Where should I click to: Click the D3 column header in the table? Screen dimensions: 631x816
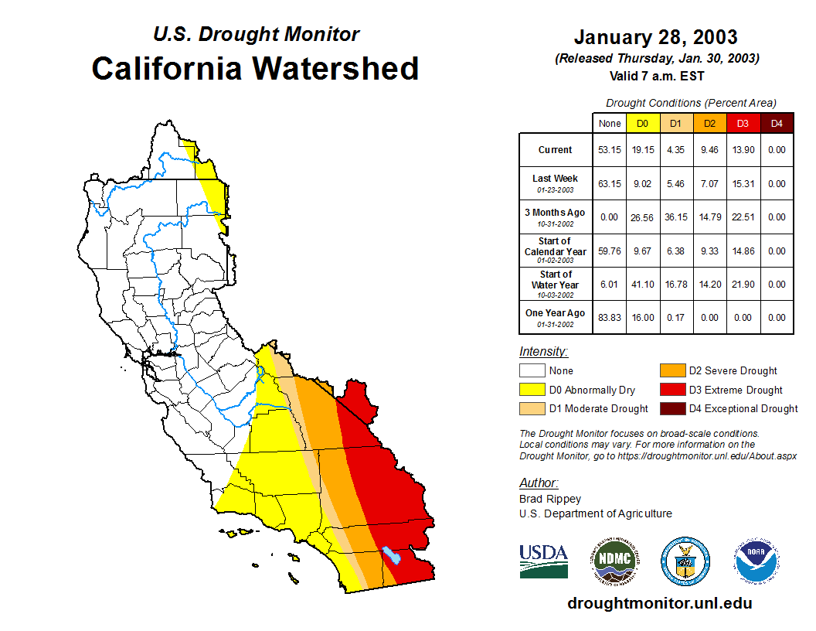pyautogui.click(x=743, y=123)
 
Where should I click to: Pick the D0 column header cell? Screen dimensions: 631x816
pyautogui.click(x=642, y=123)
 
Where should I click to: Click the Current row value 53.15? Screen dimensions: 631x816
pyautogui.click(x=609, y=150)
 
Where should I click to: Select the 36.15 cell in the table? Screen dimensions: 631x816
pyautogui.click(x=675, y=217)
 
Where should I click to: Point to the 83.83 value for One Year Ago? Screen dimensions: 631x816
pyautogui.click(x=609, y=318)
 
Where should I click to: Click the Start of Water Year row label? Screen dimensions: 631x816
pyautogui.click(x=556, y=280)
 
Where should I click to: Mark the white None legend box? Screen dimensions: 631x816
pyautogui.click(x=532, y=371)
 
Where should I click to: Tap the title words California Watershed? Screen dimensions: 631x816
pyautogui.click(x=255, y=68)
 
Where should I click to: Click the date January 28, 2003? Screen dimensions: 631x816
pyautogui.click(x=655, y=37)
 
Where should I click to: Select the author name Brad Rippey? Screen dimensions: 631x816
pyautogui.click(x=549, y=499)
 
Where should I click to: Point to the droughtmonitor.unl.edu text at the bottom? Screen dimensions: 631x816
pyautogui.click(x=659, y=603)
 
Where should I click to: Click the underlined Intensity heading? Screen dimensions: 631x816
pyautogui.click(x=543, y=352)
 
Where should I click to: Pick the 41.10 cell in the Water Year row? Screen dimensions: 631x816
pyautogui.click(x=642, y=285)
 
